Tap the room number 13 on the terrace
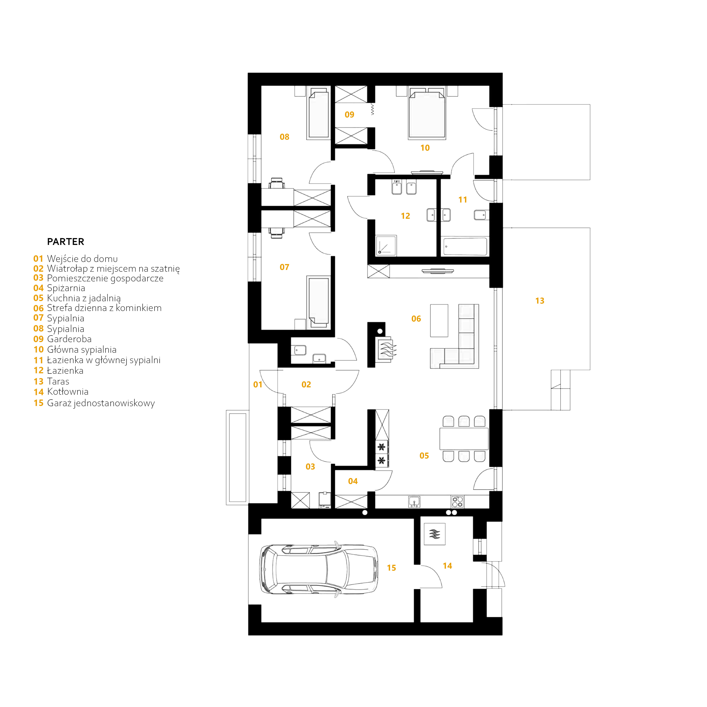[540, 301]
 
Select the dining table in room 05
[464, 438]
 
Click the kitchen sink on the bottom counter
[414, 502]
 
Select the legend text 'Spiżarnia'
[66, 288]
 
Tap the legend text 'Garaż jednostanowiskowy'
[101, 403]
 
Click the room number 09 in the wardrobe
[349, 115]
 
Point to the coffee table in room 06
[439, 321]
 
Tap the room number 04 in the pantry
[353, 481]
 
